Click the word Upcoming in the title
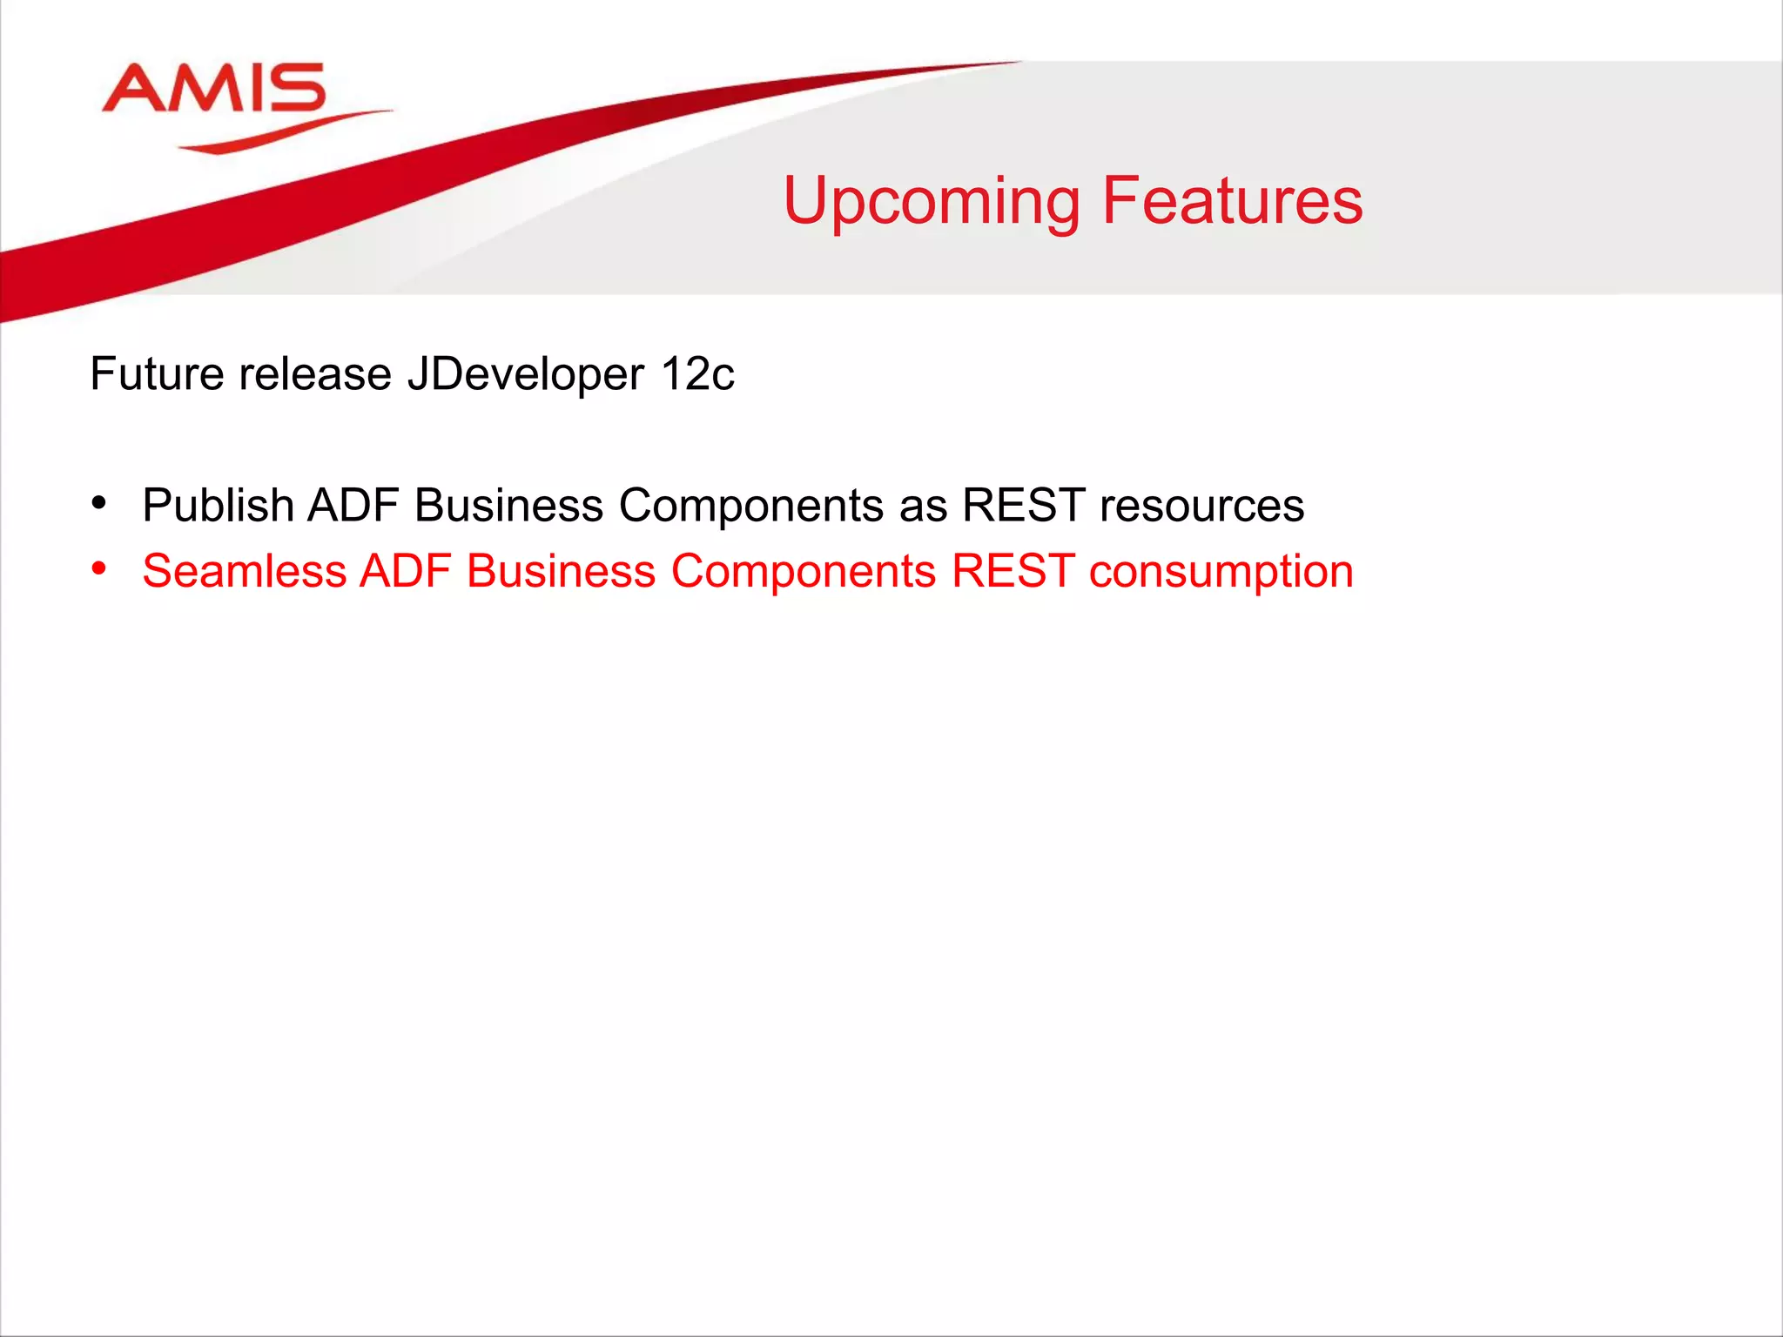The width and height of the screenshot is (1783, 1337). (931, 202)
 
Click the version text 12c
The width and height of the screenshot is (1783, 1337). (697, 374)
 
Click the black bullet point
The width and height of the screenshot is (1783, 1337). (99, 503)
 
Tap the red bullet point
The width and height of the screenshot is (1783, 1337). (99, 569)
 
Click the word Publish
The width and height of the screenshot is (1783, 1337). (218, 506)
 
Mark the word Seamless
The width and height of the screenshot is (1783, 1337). (244, 572)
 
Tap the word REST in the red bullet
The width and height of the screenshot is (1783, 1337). (1013, 572)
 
